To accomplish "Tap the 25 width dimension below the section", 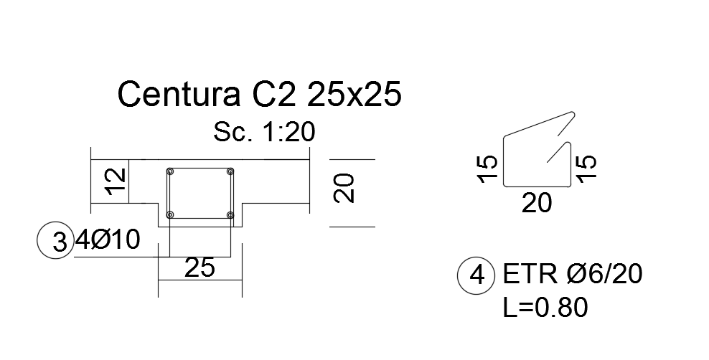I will point(199,268).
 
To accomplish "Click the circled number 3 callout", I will point(56,241).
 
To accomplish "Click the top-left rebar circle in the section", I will point(170,171).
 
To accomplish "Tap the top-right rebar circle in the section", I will point(230,171).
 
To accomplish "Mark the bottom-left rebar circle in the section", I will point(170,214).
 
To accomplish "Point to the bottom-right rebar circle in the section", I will point(230,214).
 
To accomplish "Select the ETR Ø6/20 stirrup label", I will point(573,275).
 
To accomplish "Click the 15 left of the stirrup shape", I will point(487,169).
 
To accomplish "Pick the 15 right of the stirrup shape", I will point(586,169).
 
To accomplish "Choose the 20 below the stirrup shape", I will point(537,204).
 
